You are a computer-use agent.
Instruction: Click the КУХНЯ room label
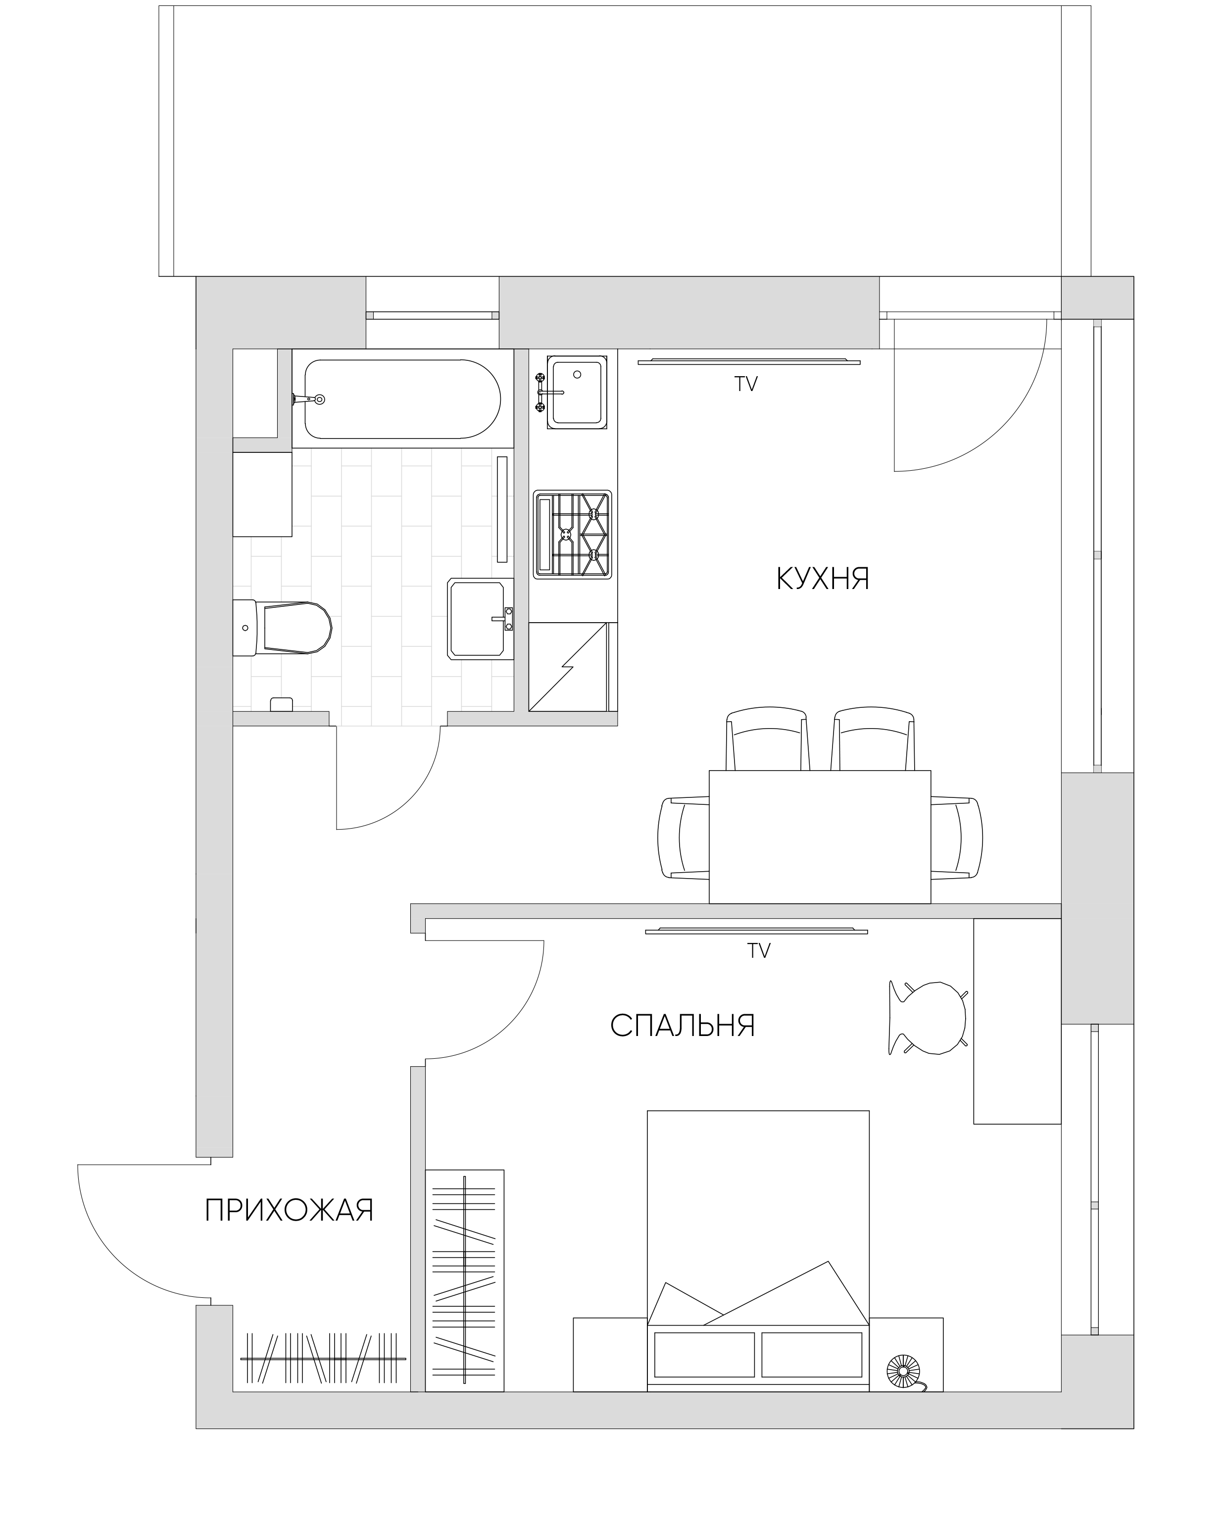823,579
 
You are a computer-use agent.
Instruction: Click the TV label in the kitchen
746,385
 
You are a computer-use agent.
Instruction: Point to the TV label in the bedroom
758,951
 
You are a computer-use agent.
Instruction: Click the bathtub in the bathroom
403,398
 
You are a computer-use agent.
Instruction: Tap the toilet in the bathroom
282,627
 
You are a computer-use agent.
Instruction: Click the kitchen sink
577,392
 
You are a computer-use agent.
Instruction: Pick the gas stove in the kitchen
572,535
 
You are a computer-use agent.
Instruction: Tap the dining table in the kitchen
820,837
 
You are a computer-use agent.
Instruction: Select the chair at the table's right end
957,838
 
